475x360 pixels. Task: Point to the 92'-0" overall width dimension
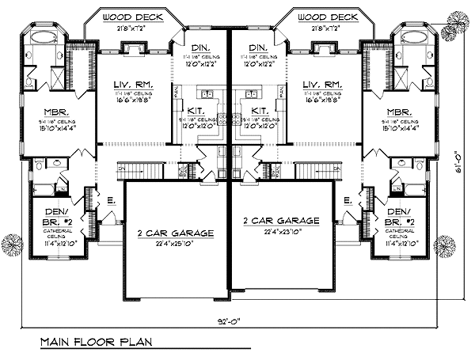231,322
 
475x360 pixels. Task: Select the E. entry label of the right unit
348,202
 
